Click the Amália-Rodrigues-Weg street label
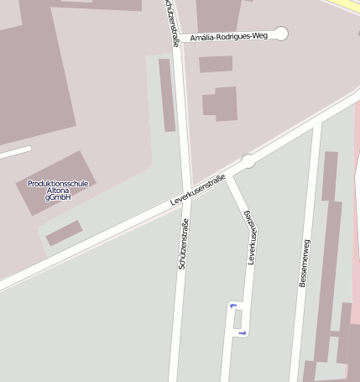click(229, 36)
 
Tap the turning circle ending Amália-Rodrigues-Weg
click(281, 34)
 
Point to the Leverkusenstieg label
click(250, 238)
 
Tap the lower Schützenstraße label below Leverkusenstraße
click(183, 243)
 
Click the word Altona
click(58, 190)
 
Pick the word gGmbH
click(58, 197)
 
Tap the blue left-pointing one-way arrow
click(232, 306)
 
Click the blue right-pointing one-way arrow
click(243, 333)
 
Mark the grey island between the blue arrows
click(237, 319)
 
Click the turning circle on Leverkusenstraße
click(248, 160)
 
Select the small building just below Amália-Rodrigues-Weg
click(216, 64)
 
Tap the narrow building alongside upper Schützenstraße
click(167, 94)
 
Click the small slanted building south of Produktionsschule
click(64, 233)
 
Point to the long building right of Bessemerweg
click(328, 252)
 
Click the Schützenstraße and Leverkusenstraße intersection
click(185, 196)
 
